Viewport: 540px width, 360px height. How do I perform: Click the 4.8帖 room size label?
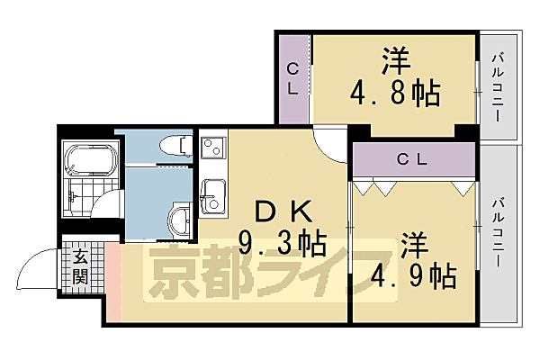[395, 92]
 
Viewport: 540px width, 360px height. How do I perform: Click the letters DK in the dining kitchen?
[283, 211]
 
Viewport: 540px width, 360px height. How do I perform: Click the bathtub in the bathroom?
[90, 163]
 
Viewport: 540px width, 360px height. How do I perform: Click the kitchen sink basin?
[213, 195]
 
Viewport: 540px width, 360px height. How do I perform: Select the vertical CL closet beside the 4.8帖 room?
[292, 79]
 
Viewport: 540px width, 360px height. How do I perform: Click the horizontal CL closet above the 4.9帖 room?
[413, 159]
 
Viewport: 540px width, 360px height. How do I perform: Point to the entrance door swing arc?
[36, 267]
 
